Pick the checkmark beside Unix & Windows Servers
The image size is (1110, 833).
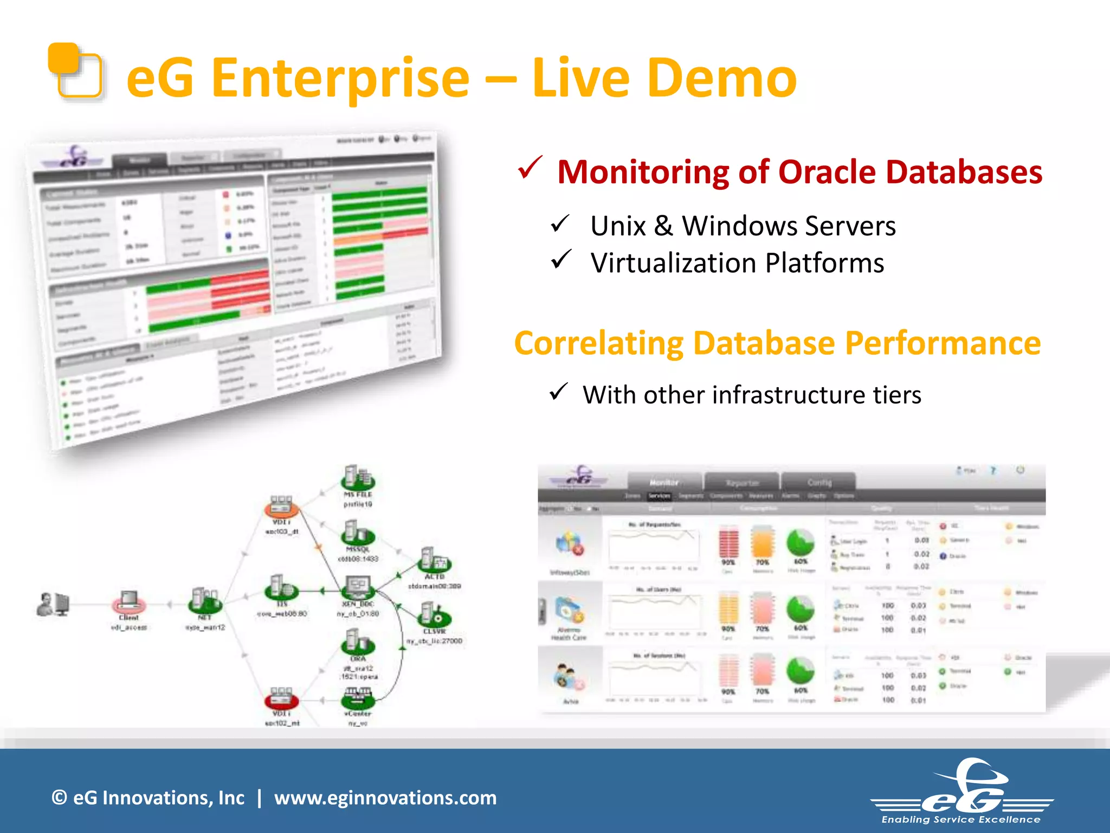click(560, 223)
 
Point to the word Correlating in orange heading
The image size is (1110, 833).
click(598, 343)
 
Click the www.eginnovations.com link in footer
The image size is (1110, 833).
click(385, 798)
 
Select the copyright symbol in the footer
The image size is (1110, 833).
click(59, 798)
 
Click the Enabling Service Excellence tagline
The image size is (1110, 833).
click(960, 819)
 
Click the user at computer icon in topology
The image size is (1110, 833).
click(53, 604)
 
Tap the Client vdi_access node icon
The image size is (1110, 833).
click(129, 601)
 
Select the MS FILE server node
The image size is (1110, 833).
click(357, 478)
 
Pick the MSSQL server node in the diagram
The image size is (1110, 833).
click(357, 533)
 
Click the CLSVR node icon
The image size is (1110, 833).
click(434, 616)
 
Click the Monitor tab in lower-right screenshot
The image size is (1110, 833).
click(664, 482)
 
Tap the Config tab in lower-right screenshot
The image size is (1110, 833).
click(818, 482)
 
